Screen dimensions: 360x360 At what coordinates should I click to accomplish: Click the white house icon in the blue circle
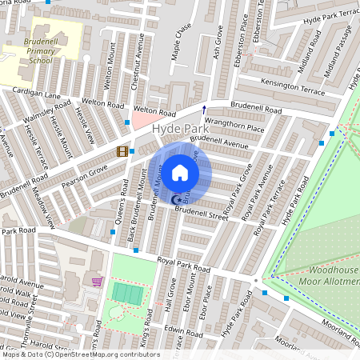180,173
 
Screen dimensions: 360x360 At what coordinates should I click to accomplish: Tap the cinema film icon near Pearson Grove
122,151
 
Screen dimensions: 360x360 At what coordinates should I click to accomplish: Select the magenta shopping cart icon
98,282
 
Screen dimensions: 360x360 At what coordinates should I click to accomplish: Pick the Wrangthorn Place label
234,126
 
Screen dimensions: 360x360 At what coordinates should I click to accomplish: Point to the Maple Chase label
183,40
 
